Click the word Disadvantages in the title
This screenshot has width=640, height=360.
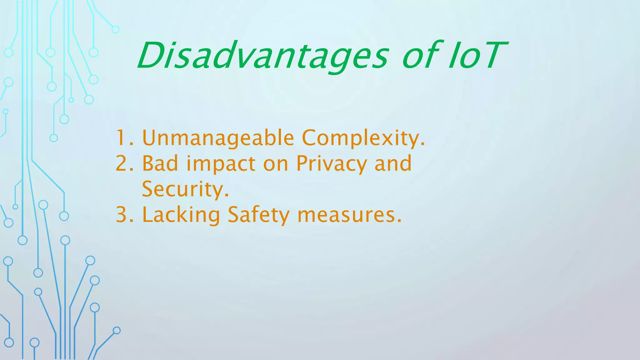coord(262,56)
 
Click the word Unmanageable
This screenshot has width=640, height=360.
coord(218,138)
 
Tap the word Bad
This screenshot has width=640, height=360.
coord(160,163)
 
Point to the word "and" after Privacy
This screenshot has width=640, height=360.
coord(393,163)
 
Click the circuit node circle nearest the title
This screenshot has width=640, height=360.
coord(116,30)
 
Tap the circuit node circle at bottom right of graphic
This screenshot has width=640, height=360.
coord(117,330)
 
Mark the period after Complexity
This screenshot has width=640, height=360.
coord(423,145)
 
